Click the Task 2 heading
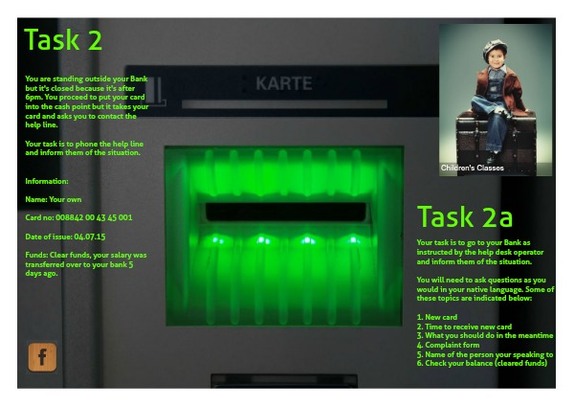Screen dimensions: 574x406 tap(63, 39)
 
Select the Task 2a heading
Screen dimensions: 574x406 tap(465, 216)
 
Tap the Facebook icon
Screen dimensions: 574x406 tap(42, 357)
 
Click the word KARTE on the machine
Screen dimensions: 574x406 tap(284, 83)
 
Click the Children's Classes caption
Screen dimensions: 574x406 tap(473, 168)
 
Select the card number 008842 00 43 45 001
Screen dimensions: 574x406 tap(94, 217)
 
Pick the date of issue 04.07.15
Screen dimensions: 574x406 tap(90, 237)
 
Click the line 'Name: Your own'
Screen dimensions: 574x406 tap(54, 199)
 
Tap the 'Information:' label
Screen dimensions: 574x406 tap(47, 181)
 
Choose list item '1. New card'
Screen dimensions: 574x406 tap(437, 317)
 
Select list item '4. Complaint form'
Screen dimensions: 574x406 tap(448, 345)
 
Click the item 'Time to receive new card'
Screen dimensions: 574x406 tap(468, 327)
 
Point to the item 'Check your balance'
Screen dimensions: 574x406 tap(458, 363)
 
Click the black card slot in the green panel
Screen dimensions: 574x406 tap(286, 212)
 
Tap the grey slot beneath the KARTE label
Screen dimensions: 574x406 tap(284, 104)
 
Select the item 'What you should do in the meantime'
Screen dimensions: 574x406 tap(489, 336)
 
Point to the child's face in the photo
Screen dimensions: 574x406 tap(496, 59)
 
